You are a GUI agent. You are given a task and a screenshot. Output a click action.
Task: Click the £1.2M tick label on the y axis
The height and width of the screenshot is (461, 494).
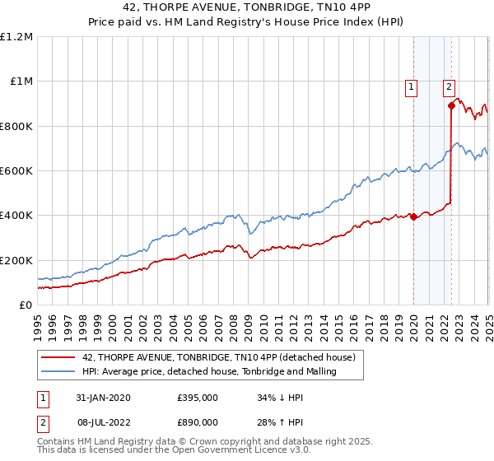16,37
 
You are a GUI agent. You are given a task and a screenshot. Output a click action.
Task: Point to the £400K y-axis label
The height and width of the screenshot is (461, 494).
16,216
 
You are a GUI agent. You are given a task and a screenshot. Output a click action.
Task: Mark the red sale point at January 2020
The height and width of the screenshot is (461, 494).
413,217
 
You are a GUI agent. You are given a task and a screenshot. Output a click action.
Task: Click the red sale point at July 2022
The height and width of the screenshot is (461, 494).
451,105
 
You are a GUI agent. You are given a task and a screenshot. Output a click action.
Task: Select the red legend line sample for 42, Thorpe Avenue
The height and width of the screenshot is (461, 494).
58,357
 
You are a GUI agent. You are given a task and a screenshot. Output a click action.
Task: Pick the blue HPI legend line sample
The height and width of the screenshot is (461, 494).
58,372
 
